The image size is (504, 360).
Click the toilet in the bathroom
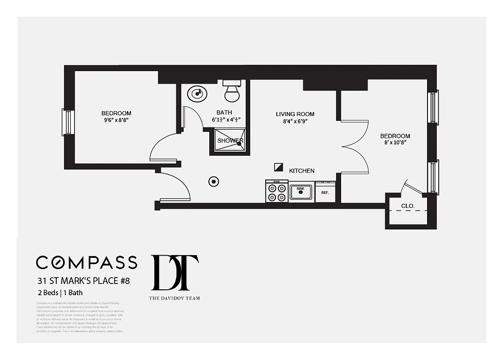click(232, 91)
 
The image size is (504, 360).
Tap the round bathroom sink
click(197, 94)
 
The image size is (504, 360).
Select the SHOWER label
click(230, 140)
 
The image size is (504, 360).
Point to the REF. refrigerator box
click(325, 192)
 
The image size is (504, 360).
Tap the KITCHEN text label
click(301, 171)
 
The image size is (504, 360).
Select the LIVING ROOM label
click(295, 114)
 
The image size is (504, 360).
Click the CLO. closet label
click(408, 207)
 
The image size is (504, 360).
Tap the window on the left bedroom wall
click(67, 122)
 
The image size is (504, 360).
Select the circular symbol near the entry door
click(214, 181)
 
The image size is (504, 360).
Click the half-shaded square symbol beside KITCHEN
click(279, 167)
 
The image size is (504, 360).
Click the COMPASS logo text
click(86, 262)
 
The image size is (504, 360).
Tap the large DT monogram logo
click(175, 273)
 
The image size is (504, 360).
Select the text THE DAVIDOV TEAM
click(174, 298)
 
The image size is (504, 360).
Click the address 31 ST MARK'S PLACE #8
click(84, 281)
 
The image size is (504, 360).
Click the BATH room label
click(224, 112)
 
